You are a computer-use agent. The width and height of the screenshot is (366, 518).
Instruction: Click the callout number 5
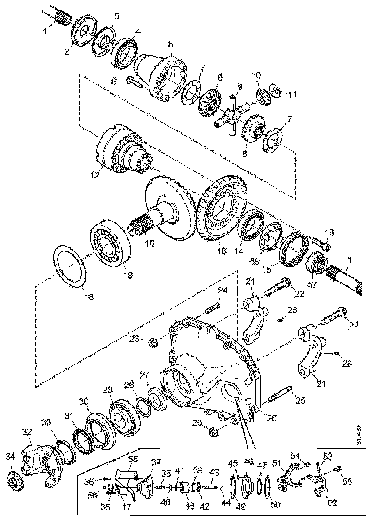coord(171,45)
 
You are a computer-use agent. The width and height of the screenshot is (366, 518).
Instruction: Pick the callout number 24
coord(222,291)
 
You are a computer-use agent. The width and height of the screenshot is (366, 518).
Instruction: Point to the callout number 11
coord(293,95)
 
